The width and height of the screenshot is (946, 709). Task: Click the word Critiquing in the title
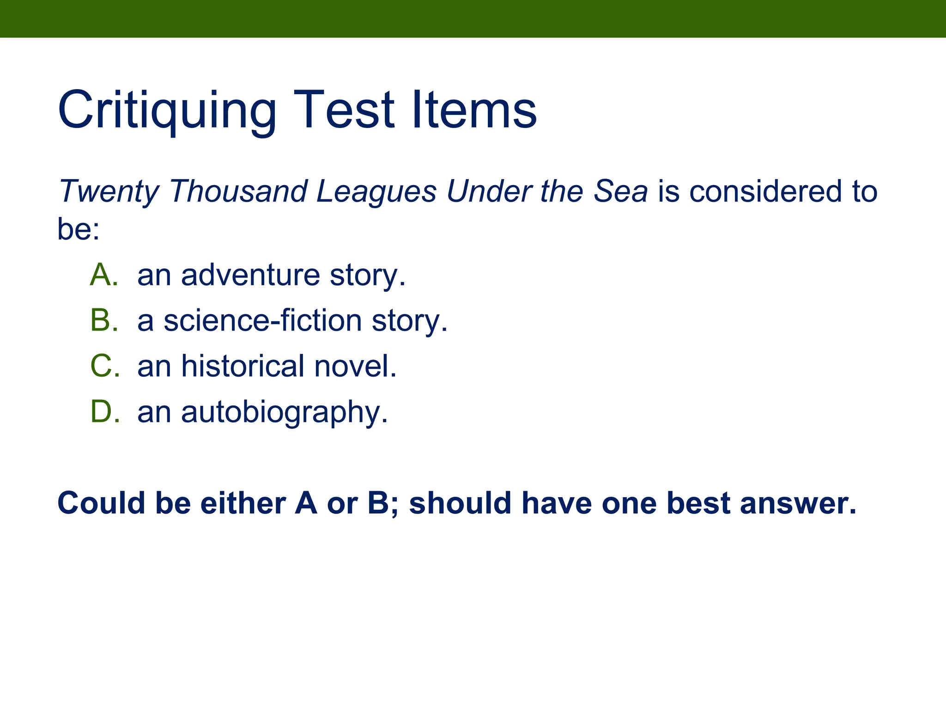[x=167, y=111]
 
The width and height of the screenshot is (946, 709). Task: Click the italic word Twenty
[x=109, y=192]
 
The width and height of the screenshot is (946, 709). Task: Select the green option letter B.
[x=103, y=320]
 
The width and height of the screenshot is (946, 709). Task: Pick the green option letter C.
[x=103, y=366]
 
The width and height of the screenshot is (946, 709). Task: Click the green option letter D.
[x=103, y=411]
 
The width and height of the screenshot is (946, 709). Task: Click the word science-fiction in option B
[x=263, y=320]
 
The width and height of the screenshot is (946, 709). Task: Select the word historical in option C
[x=243, y=366]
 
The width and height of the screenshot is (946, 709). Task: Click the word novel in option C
[x=355, y=366]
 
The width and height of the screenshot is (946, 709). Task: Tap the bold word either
[x=243, y=503]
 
